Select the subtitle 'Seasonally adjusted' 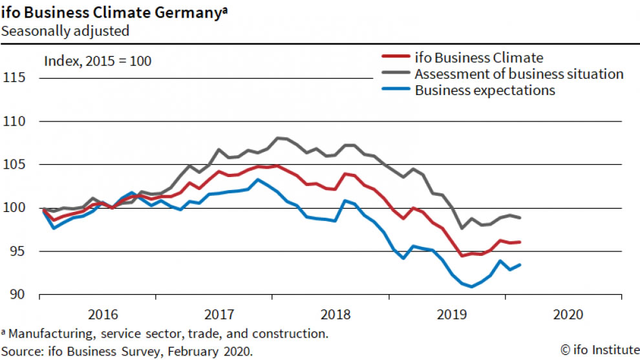65,30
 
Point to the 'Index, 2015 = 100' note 97,61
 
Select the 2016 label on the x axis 101,315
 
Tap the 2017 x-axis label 218,315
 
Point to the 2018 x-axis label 334,315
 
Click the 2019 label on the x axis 451,315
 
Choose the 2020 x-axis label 567,315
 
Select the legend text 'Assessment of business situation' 519,74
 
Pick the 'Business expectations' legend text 485,90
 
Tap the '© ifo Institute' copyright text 598,350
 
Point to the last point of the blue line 520,264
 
